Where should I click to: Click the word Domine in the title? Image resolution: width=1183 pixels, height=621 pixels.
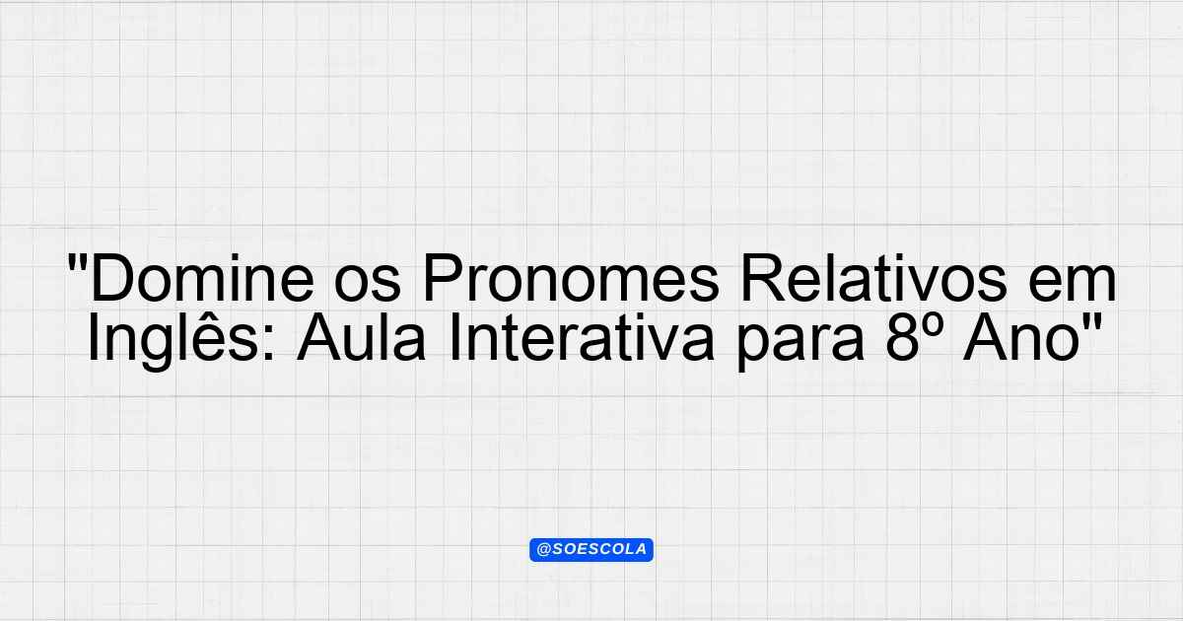(202, 278)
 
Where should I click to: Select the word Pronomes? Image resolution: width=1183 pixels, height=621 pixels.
(571, 278)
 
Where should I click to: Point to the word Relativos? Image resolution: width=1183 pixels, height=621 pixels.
(874, 278)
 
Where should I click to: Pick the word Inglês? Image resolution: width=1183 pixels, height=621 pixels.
(174, 339)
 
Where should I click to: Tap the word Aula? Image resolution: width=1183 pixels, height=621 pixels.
(361, 336)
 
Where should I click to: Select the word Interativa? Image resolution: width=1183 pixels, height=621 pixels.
(582, 336)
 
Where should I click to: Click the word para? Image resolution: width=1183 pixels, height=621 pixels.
(800, 343)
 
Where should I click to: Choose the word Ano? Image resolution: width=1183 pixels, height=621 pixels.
(1021, 337)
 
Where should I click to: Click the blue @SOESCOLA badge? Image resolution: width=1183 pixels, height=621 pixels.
(591, 550)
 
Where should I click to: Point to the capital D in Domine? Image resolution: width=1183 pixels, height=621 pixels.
(111, 278)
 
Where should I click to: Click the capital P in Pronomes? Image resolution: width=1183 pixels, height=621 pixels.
(443, 278)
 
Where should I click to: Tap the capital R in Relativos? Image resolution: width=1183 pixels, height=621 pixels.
(764, 278)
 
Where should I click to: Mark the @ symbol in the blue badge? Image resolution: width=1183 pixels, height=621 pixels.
(544, 550)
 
